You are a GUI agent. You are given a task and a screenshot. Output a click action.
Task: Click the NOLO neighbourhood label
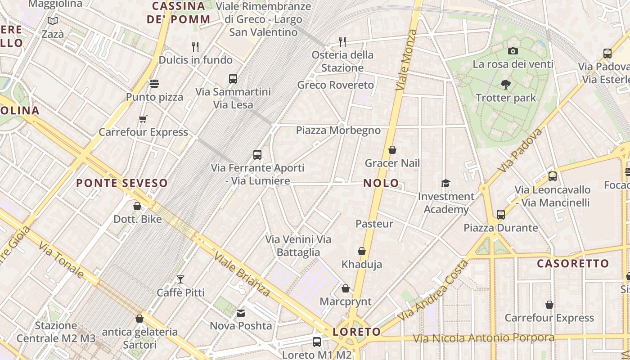pos(381,183)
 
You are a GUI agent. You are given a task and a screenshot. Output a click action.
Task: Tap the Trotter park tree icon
pos(505,84)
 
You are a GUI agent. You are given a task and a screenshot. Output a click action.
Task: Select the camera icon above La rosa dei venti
pos(513,51)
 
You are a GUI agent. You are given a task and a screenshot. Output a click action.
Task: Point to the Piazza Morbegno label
pos(338,130)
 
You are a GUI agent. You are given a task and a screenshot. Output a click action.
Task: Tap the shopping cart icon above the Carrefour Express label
pos(143,119)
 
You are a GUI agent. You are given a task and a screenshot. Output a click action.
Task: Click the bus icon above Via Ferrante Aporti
pos(257,155)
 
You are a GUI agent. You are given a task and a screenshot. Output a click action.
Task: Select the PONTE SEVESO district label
pos(121,183)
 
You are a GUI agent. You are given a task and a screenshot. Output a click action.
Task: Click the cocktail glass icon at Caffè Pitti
pos(180,279)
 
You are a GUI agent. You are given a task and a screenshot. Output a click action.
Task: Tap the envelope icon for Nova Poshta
pos(241,313)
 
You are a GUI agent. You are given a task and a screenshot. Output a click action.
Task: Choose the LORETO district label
pos(356,332)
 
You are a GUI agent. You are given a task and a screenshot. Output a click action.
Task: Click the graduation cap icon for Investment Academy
pos(445,183)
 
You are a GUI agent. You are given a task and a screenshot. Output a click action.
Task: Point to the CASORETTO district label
pos(573,264)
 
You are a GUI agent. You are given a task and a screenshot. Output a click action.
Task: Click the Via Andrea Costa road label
pos(433,291)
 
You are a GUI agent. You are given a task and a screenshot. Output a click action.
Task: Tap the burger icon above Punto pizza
pos(154,84)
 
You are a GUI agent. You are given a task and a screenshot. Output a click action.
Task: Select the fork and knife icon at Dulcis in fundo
pos(195,46)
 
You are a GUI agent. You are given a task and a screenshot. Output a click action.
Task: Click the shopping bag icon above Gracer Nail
pos(392,150)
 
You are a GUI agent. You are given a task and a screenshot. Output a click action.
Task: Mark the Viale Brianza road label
pos(242,274)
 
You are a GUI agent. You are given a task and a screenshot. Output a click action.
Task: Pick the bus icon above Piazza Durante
pos(501,215)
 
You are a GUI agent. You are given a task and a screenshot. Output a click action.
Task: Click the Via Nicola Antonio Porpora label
pos(484,338)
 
